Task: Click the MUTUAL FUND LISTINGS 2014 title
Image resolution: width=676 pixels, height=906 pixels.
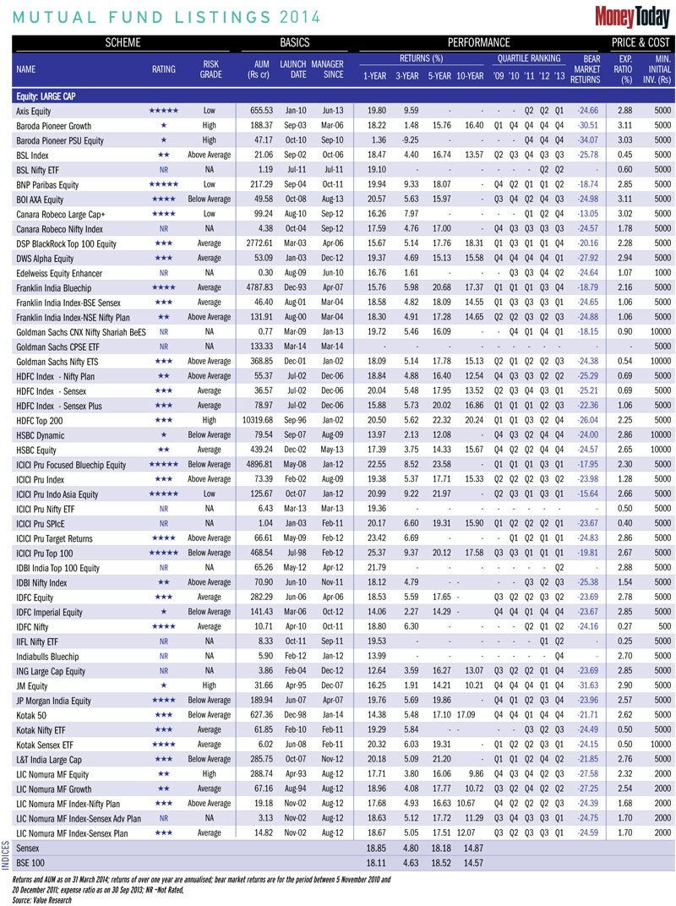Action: click(x=166, y=16)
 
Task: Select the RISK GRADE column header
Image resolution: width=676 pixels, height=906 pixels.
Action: click(x=211, y=69)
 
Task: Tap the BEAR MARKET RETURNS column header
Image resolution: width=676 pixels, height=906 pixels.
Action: click(x=597, y=69)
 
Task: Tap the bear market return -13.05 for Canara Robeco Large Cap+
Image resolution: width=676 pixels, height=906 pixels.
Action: click(x=598, y=213)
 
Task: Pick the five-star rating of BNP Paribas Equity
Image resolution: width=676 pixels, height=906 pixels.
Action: click(x=163, y=183)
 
